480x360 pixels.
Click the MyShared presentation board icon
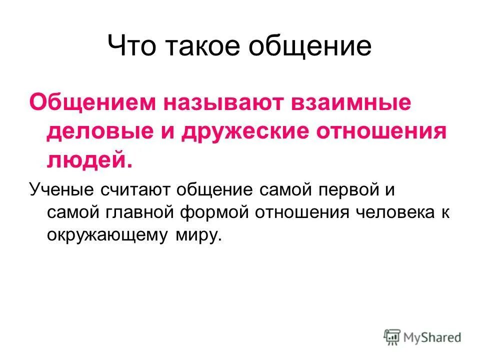[392, 337]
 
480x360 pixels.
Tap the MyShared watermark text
[432, 337]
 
